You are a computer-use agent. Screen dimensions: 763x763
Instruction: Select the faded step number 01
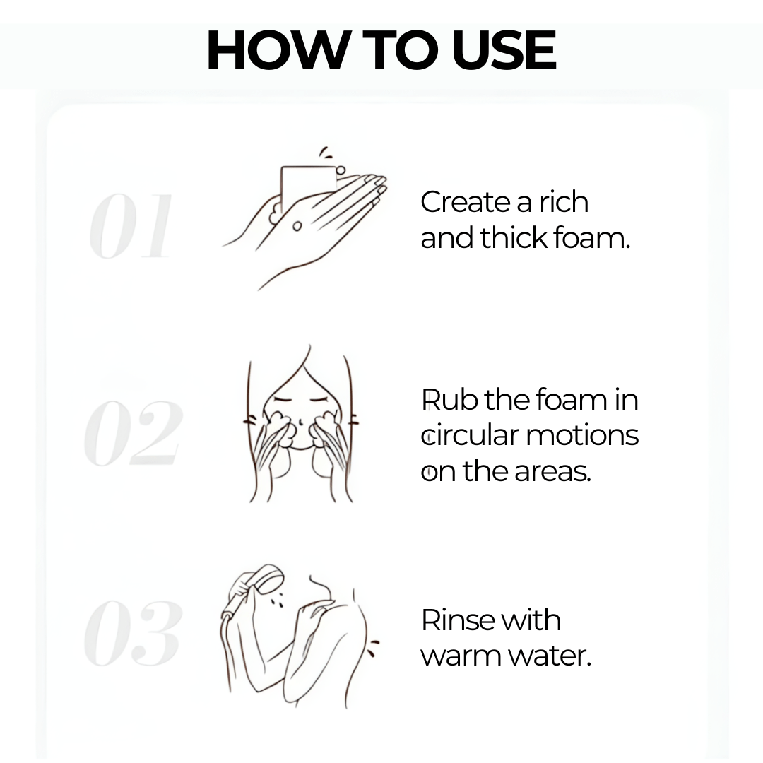(x=131, y=226)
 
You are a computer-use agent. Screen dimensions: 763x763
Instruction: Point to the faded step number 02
(x=133, y=433)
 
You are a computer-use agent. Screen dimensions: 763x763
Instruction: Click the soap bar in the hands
(x=308, y=185)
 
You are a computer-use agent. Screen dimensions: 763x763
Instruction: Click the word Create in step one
(x=466, y=202)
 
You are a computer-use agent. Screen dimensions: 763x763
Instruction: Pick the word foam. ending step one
(x=592, y=239)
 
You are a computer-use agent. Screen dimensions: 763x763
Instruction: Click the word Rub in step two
(x=451, y=399)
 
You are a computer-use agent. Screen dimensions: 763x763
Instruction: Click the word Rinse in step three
(x=457, y=620)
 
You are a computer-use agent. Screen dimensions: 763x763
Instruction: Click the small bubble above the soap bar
(x=341, y=170)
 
